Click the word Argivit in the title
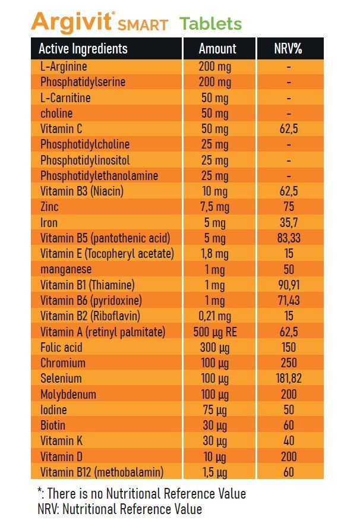[71, 23]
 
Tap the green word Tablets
[211, 24]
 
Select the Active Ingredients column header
[83, 49]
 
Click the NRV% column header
[289, 49]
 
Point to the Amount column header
[217, 49]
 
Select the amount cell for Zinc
[215, 207]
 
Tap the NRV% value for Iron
[289, 223]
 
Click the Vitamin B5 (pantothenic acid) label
[105, 238]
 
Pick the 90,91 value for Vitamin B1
[289, 285]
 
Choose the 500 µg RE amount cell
[215, 332]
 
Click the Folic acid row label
[62, 347]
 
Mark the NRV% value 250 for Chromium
[289, 363]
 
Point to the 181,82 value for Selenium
[289, 379]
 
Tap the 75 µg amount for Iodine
[215, 410]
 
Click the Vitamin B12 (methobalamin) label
[102, 472]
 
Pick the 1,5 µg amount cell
[215, 472]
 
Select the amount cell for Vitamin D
[215, 456]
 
